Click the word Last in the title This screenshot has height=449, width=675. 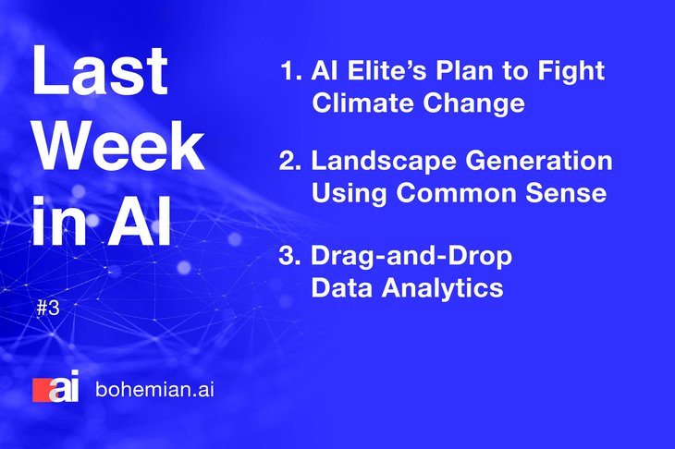click(100, 70)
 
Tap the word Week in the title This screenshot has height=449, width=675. click(118, 146)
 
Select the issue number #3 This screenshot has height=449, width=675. click(48, 308)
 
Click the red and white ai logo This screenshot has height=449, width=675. click(56, 386)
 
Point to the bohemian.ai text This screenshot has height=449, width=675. click(154, 390)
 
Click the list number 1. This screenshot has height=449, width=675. click(291, 70)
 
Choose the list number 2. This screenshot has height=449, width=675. click(290, 161)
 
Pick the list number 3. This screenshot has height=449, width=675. click(289, 256)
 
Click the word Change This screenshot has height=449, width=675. click(473, 104)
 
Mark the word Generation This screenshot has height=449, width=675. click(538, 161)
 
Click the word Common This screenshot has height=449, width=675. click(456, 193)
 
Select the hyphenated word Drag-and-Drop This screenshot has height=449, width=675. click(411, 257)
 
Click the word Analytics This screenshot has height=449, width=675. click(442, 288)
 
